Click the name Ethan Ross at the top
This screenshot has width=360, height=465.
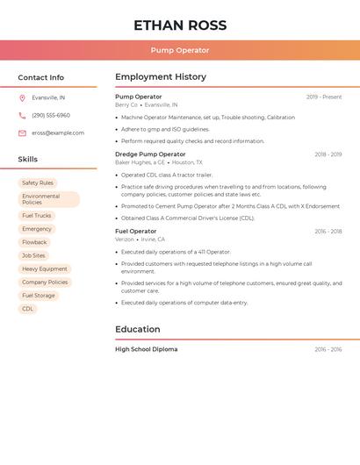180,25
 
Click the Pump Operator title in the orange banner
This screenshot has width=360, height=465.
180,51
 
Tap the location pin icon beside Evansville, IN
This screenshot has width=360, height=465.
22,98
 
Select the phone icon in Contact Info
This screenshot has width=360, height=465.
22,116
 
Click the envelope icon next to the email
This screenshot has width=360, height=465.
22,133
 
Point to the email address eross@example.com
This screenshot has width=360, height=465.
58,133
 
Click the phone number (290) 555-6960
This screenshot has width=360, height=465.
51,116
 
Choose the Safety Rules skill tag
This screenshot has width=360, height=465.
38,183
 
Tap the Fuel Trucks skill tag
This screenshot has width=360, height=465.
37,216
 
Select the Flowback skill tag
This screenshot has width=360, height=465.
34,242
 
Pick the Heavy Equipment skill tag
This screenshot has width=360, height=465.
45,269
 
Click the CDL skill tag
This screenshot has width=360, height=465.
27,309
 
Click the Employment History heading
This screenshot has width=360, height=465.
161,77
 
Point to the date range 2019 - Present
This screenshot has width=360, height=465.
324,97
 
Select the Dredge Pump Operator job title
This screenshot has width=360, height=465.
150,154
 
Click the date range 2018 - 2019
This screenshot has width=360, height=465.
328,154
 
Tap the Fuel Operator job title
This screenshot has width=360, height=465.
136,232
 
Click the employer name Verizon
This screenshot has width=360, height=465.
125,240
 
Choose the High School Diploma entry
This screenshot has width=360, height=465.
146,349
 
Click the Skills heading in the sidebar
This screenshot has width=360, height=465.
28,160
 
